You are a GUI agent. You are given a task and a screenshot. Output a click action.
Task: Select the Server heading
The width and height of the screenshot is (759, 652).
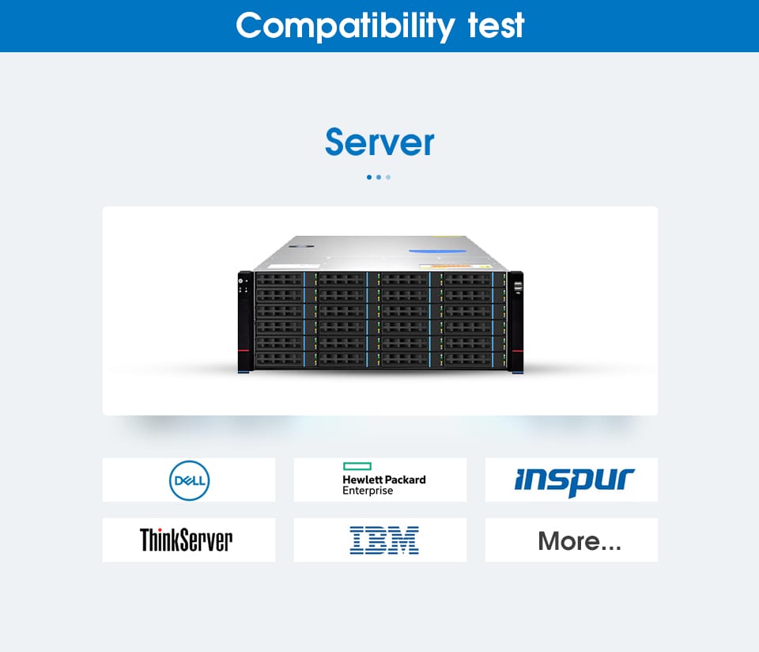click(x=379, y=142)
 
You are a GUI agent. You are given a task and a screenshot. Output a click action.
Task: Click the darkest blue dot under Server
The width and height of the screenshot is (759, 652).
click(x=369, y=177)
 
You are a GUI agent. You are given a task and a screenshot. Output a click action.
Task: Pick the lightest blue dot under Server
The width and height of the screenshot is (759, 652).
click(x=388, y=177)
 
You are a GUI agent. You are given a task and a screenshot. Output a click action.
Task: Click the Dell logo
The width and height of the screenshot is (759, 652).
click(x=189, y=480)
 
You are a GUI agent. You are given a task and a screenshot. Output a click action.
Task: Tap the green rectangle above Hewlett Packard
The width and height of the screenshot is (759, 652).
click(x=357, y=467)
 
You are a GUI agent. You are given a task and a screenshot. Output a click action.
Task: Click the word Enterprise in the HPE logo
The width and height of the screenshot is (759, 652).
click(x=367, y=491)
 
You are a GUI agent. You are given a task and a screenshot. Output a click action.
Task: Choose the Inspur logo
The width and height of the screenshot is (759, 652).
click(x=574, y=480)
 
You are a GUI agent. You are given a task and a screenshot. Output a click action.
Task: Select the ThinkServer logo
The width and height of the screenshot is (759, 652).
click(x=186, y=540)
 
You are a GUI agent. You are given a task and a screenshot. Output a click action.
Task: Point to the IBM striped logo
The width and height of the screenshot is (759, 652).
click(x=383, y=540)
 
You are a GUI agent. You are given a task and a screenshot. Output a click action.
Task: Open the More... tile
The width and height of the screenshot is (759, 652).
click(x=579, y=541)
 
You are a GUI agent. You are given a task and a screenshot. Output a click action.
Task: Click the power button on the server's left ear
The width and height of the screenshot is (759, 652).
click(x=244, y=279)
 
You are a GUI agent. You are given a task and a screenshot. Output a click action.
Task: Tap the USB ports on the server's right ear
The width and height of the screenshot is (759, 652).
click(x=518, y=286)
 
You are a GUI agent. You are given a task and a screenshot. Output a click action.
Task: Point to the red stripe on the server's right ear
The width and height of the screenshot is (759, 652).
click(x=516, y=351)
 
